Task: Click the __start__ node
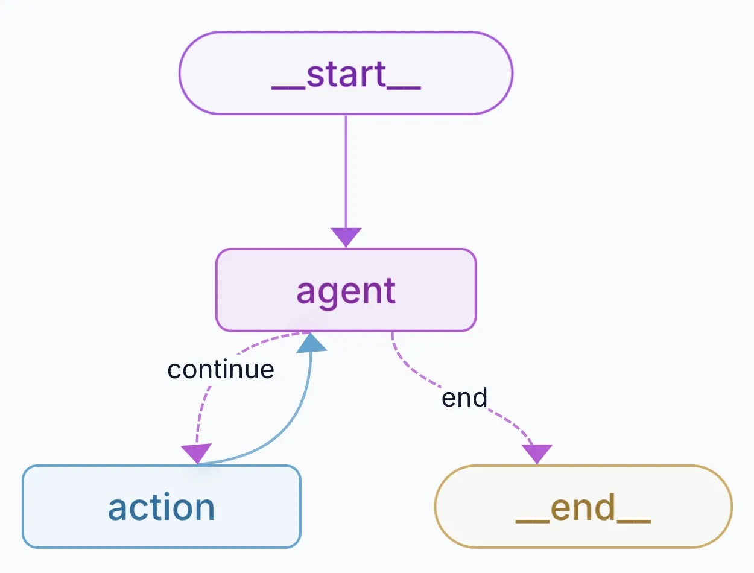point(346,73)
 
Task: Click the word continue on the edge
point(221,369)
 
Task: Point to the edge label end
point(464,397)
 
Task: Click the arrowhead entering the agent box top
point(346,237)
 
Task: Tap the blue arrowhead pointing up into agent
point(311,343)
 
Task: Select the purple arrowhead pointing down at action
point(197,453)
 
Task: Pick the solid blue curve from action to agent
point(296,422)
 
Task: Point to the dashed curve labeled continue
point(202,410)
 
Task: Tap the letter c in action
point(144,508)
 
